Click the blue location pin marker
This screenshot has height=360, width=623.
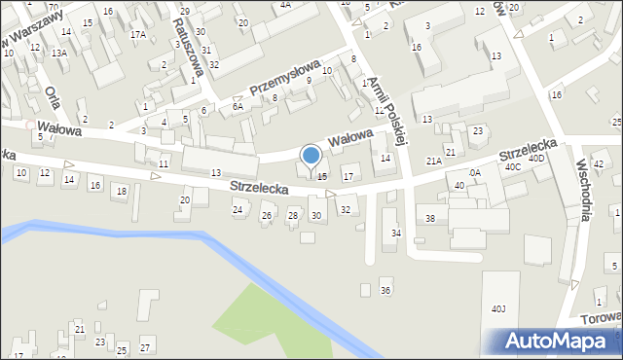(311, 157)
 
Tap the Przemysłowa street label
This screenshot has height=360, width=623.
(285, 77)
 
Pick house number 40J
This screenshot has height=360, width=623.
(498, 309)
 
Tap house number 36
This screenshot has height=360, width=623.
(385, 291)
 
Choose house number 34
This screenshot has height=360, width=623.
(396, 234)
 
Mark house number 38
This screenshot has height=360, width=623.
(430, 219)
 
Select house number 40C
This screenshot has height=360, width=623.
(512, 166)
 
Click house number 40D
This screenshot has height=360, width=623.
(537, 158)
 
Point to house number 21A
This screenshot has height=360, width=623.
(433, 161)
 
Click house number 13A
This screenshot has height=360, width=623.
(59, 54)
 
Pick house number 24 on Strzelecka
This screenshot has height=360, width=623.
(238, 209)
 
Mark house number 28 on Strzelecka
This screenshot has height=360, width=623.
(292, 215)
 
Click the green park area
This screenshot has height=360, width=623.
(263, 316)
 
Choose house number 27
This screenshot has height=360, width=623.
(145, 347)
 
